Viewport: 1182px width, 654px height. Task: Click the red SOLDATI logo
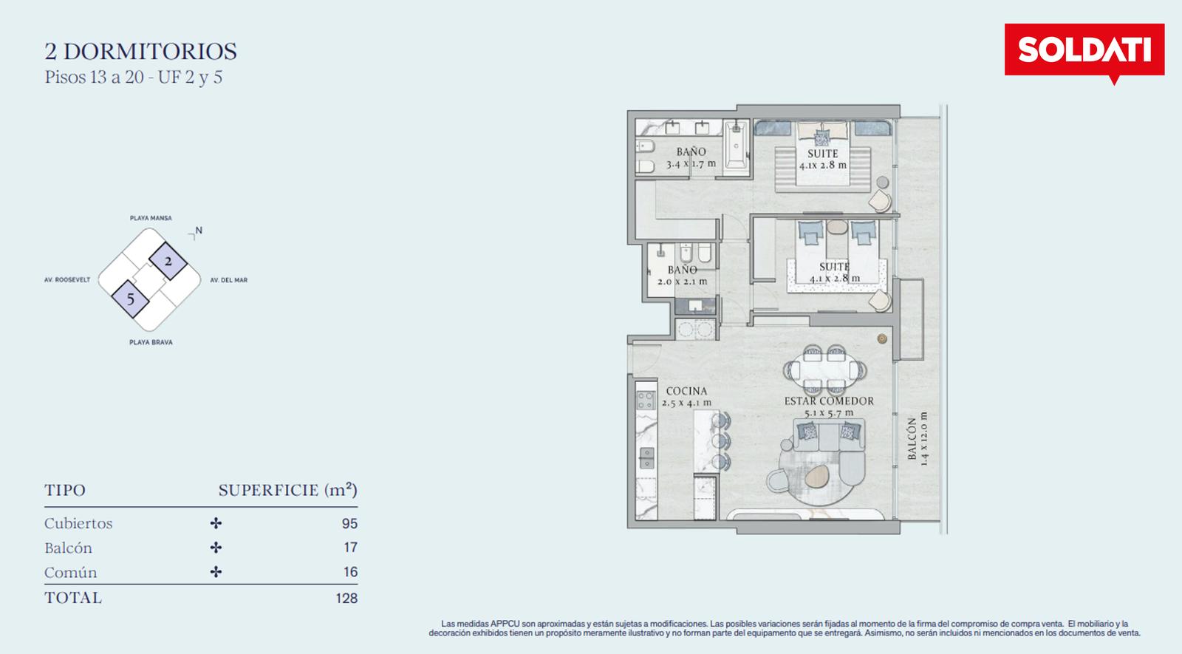(x=1084, y=51)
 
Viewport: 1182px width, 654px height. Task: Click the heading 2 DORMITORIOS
(x=141, y=52)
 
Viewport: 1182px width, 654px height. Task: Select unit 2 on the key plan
(x=168, y=262)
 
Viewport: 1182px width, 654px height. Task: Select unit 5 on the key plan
(x=130, y=299)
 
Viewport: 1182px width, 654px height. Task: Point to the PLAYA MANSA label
(x=151, y=218)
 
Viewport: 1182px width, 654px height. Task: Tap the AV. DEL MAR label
(x=229, y=280)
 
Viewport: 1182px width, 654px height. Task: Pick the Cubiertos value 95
(x=349, y=524)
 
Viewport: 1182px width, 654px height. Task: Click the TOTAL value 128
(x=346, y=598)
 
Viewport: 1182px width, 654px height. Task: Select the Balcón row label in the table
(x=68, y=548)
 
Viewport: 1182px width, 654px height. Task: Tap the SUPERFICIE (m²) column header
(x=288, y=491)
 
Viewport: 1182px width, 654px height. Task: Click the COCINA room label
(x=686, y=391)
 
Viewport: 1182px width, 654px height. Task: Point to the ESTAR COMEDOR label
(x=829, y=401)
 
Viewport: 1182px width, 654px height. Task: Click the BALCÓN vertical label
(x=912, y=439)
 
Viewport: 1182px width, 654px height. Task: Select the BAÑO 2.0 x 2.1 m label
(x=683, y=276)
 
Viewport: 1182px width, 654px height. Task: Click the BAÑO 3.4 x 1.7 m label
(x=691, y=158)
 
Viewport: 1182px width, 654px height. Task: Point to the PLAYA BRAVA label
(x=151, y=343)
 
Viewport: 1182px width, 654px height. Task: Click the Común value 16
(x=350, y=572)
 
